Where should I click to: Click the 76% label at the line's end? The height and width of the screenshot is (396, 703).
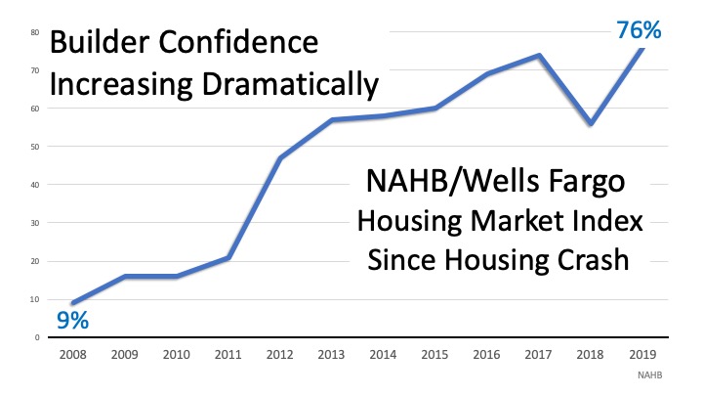click(x=640, y=29)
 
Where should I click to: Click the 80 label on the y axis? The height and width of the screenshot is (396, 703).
click(x=34, y=32)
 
